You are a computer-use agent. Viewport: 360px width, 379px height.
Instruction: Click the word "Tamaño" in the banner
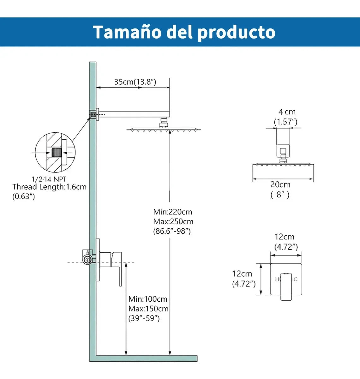coord(127,32)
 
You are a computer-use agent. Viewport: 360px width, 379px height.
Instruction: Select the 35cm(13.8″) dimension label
coord(135,82)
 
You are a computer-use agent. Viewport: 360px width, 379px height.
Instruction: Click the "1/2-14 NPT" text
coord(49,179)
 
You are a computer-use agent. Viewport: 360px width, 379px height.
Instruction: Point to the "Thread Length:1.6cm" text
coord(49,187)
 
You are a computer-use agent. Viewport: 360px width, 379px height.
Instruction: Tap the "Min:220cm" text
coord(172,212)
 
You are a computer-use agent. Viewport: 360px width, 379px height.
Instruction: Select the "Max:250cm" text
coord(173,221)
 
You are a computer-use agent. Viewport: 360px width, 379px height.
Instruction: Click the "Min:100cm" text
coord(148,299)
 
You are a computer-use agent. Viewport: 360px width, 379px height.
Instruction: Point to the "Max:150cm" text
coord(148,309)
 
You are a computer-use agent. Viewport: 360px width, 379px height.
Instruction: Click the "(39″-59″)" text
coord(144,318)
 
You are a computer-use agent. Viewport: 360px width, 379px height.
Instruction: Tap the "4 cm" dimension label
coord(287,111)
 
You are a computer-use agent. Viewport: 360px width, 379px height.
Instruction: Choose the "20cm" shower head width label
coord(280,184)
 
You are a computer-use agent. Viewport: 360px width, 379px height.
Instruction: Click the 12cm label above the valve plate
coord(285,237)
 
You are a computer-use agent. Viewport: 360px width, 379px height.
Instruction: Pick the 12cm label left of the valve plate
coord(242,274)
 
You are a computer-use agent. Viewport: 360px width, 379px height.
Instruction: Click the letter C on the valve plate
coord(296,279)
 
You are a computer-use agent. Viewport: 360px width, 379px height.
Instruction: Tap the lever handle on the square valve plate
coord(286,286)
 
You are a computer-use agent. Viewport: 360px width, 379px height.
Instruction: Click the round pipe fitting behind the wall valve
coord(87,259)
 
